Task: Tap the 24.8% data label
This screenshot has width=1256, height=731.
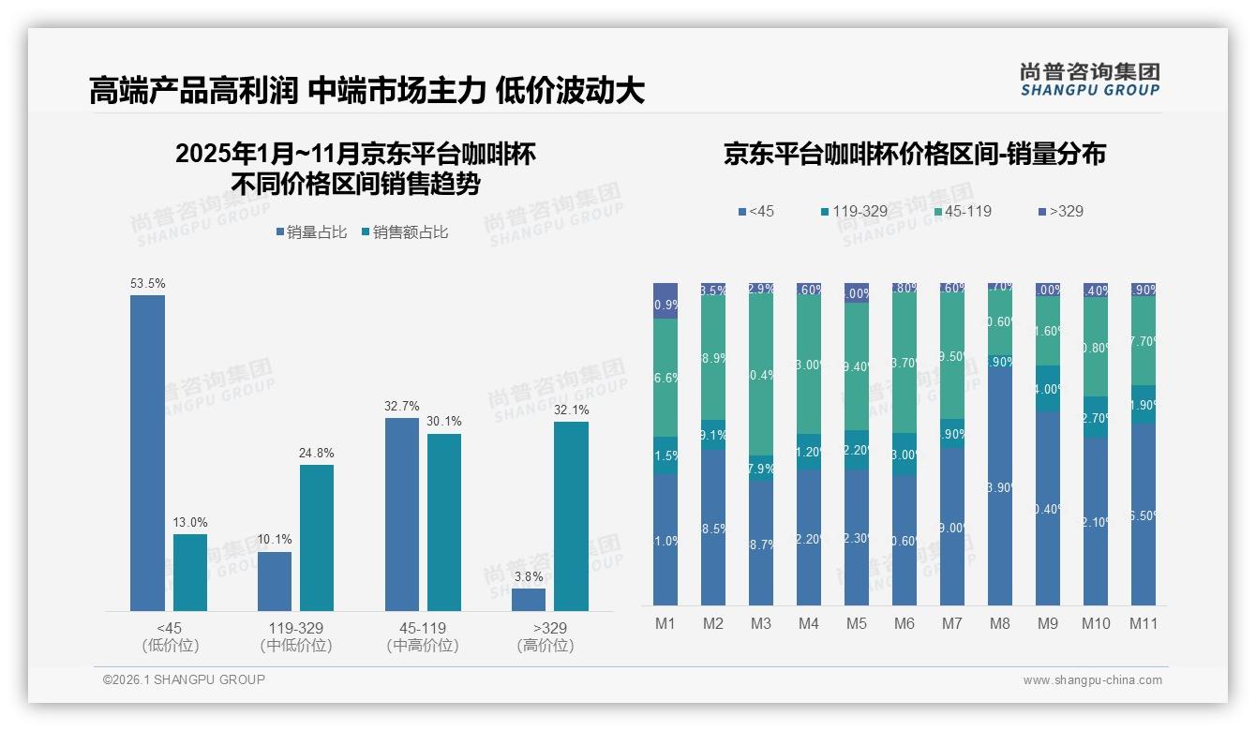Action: [317, 453]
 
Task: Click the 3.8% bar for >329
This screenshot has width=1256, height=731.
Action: [529, 599]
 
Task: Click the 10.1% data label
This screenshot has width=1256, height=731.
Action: [275, 539]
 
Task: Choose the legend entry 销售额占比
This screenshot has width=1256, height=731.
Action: [404, 232]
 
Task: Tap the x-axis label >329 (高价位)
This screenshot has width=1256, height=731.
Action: [546, 636]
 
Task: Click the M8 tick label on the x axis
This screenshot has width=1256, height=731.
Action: [1000, 623]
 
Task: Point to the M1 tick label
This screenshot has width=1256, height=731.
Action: [665, 623]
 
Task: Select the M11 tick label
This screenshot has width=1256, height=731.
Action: [1144, 623]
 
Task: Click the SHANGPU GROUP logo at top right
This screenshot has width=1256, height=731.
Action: [1089, 79]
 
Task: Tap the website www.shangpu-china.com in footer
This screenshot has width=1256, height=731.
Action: [1092, 680]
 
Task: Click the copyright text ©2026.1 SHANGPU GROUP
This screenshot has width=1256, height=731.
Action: [184, 679]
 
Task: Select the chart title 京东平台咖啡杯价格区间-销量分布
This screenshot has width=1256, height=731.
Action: [914, 154]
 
